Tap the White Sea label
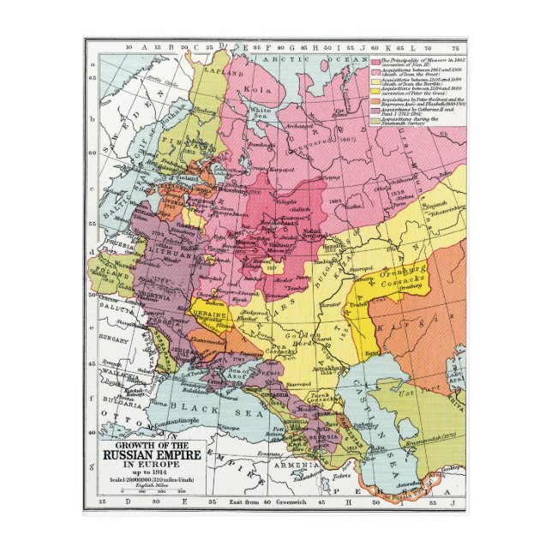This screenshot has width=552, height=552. click(x=259, y=112)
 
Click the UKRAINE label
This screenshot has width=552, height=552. click(x=208, y=315)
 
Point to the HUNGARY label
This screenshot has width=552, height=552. click(x=114, y=339)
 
